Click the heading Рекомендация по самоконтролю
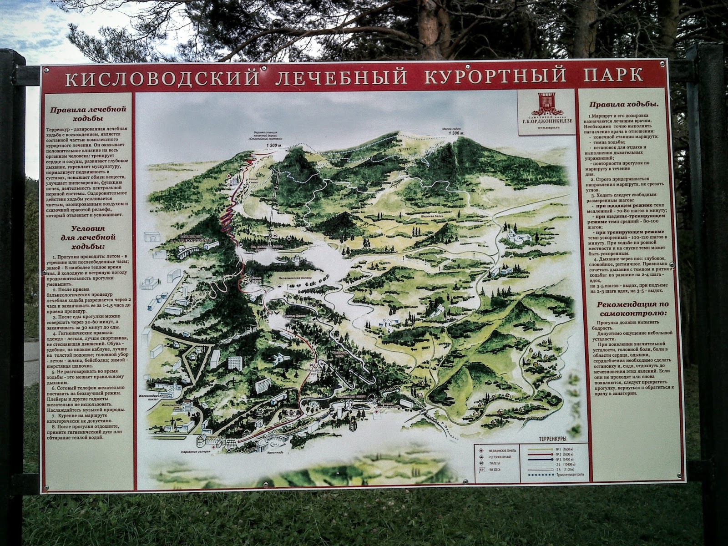[627, 309]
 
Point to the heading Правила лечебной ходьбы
[88, 114]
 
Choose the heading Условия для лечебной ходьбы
[88, 237]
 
